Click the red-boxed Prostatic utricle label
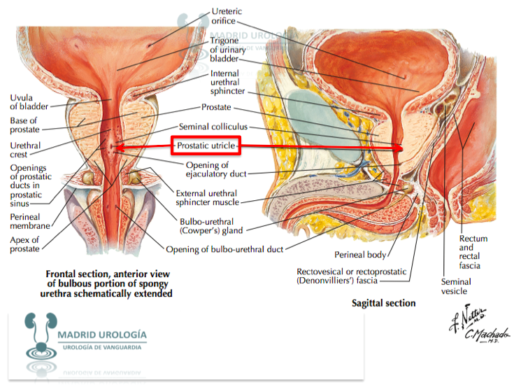tap(206, 146)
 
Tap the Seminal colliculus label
tap(213, 127)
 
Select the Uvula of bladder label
tap(29, 102)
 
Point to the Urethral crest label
tap(25, 150)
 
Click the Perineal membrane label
tap(30, 221)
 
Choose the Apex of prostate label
tap(24, 244)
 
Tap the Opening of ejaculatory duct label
tap(216, 169)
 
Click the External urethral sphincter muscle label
tap(208, 198)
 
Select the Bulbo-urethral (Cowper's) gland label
tap(211, 226)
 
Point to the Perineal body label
tap(360, 255)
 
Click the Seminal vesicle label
tap(456, 286)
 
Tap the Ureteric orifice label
tap(227, 16)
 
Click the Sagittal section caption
tap(383, 303)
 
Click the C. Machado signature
tap(487, 335)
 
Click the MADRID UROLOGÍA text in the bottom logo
tap(102, 335)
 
